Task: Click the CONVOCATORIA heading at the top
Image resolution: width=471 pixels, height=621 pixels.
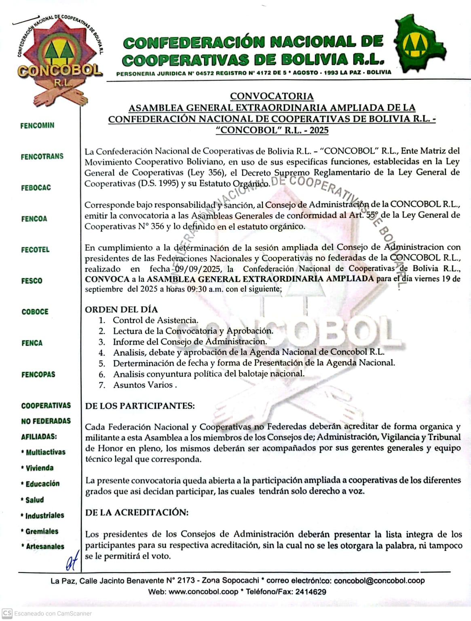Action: (x=272, y=96)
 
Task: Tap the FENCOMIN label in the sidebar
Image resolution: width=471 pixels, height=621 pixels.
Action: (x=37, y=126)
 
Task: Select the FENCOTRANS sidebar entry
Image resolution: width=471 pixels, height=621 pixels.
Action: (x=42, y=156)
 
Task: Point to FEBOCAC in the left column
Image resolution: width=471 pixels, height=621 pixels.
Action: (x=36, y=187)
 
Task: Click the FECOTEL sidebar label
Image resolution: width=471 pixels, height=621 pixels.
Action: (x=35, y=250)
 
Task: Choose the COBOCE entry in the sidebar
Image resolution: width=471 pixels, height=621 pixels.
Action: (x=35, y=312)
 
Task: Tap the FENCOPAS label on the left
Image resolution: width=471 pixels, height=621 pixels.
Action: (x=38, y=375)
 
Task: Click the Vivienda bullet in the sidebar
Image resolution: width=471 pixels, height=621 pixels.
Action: (x=39, y=468)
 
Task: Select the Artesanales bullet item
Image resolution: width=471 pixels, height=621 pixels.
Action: (x=45, y=547)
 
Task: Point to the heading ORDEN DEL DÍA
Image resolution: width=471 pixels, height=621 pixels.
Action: (x=121, y=309)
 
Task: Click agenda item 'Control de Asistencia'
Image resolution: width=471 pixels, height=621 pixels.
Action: (x=155, y=320)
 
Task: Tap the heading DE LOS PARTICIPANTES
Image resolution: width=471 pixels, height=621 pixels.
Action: (x=140, y=406)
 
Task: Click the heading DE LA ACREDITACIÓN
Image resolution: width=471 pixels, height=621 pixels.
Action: (x=137, y=512)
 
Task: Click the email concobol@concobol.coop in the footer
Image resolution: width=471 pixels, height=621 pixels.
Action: (x=379, y=581)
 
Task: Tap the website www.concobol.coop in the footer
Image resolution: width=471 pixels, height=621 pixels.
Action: (x=203, y=592)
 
